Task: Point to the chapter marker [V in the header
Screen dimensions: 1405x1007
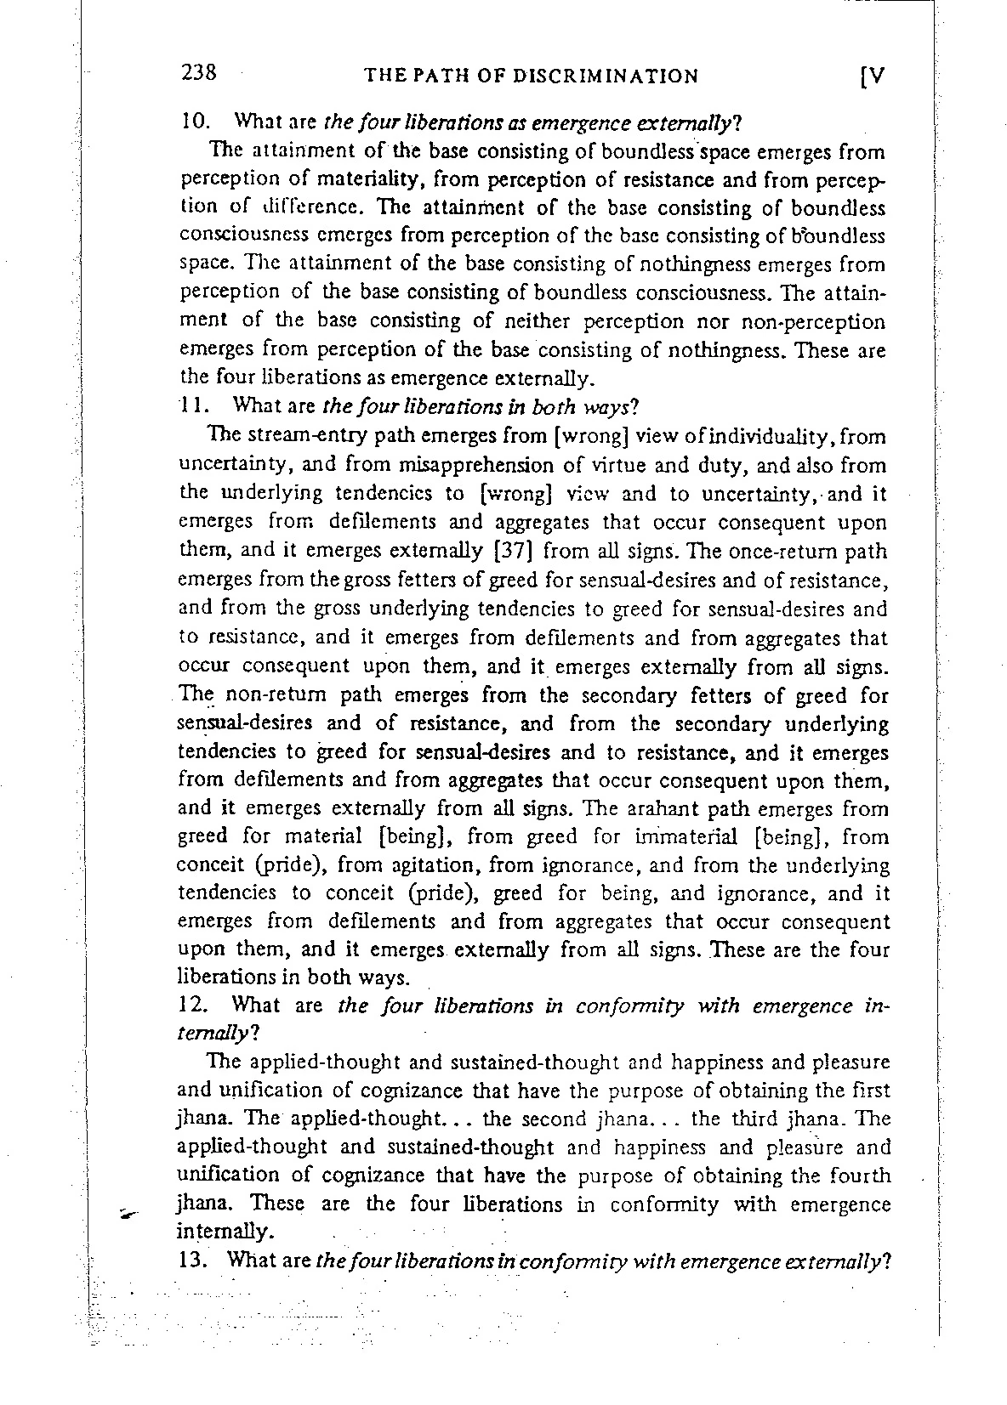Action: pos(873,76)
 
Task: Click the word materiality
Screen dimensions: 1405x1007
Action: pos(331,180)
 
